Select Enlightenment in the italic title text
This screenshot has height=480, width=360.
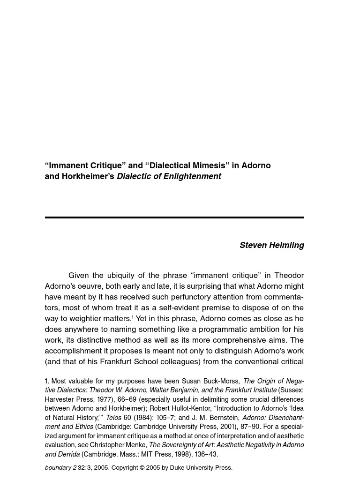[x=192, y=176]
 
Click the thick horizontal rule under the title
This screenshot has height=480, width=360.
[x=174, y=217]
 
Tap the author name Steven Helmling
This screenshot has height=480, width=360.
[x=271, y=245]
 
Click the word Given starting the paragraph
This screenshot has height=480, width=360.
[x=81, y=275]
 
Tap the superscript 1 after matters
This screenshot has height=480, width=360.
[x=133, y=317]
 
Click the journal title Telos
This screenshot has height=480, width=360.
[x=113, y=418]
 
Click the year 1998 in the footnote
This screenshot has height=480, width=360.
[x=171, y=454]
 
